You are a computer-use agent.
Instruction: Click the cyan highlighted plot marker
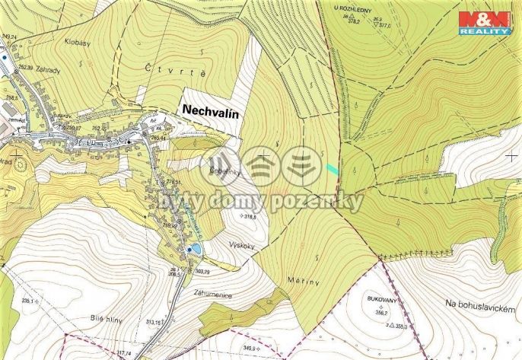click(x=332, y=168)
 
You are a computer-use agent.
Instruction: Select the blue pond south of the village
click(x=195, y=249)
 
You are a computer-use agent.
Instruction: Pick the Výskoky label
click(x=243, y=245)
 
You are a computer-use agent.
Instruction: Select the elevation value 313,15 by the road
click(x=156, y=322)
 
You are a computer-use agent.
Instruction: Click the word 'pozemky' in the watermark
click(x=323, y=202)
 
